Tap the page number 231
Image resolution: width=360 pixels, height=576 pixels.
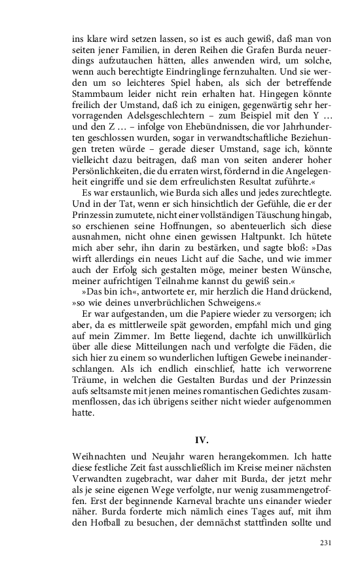point(327,543)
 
